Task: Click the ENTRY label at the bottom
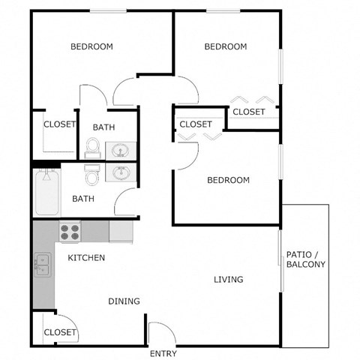pos(163,353)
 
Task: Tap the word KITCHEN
pos(86,258)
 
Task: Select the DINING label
pos(124,301)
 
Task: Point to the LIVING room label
pos(228,280)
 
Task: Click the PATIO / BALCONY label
pos(305,259)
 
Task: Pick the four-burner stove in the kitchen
pos(70,232)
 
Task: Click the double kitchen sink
pos(40,263)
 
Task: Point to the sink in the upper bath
pos(119,149)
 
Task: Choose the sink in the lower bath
pos(119,173)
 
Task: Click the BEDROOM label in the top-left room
pos(91,46)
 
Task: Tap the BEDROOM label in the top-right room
pos(226,46)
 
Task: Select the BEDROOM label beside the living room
pos(228,180)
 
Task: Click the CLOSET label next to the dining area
pos(60,332)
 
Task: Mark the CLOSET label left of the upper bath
pos(60,124)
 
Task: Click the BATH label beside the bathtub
pos(83,199)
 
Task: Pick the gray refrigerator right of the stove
pos(121,231)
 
